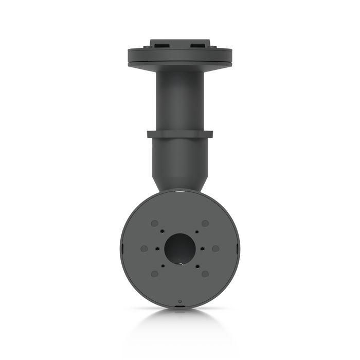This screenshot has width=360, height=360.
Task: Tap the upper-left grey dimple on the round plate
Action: coord(154,224)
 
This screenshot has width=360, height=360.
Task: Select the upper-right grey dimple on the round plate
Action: coord(205,224)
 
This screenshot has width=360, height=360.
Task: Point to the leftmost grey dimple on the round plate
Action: coord(144,248)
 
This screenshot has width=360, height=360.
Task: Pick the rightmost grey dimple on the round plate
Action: coord(215,248)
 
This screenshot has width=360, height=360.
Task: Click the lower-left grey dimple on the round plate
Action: coord(154,274)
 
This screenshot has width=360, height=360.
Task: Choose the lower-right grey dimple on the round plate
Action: coord(205,274)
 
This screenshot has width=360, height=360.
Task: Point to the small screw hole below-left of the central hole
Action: coord(163,265)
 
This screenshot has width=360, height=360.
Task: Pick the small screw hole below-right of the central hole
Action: coord(196,265)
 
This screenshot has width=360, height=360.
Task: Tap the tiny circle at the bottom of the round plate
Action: coord(179,301)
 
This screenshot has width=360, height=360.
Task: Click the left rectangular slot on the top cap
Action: coord(159,45)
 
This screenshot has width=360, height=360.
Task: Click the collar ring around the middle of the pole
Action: coord(179,134)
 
